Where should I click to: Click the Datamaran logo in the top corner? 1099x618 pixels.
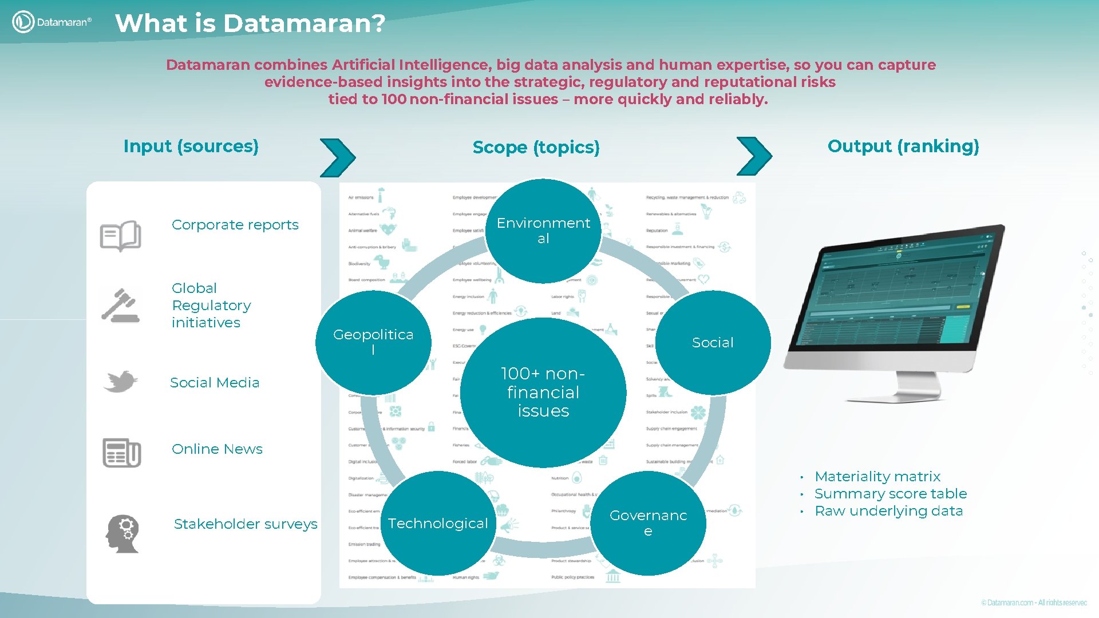52,22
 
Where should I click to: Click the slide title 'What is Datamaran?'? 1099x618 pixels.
250,23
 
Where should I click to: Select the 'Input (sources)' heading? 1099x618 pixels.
191,146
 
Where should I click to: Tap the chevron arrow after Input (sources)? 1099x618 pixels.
338,157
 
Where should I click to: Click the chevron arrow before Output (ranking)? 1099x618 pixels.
754,156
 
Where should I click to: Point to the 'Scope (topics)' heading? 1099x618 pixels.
536,148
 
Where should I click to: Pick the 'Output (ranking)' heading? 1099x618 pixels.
903,146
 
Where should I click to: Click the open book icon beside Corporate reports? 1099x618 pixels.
120,235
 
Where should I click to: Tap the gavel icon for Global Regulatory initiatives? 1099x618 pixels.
121,306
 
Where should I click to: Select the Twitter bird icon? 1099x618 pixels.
121,382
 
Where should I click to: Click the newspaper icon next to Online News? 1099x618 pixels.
121,453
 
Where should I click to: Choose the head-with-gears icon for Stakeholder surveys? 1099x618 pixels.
122,533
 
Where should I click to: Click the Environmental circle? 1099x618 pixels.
543,231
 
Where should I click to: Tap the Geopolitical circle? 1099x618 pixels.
373,342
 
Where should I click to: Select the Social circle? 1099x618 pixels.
713,342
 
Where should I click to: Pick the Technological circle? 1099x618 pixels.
438,523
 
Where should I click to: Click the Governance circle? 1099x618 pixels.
648,523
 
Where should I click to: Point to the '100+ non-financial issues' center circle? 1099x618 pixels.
543,393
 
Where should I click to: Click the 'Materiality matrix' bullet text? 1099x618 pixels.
877,477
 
